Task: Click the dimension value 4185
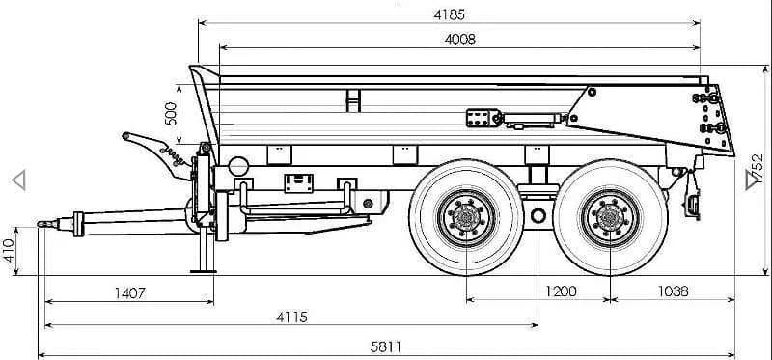[449, 14]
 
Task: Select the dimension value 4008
[460, 40]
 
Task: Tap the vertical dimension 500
[171, 114]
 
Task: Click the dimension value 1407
[130, 293]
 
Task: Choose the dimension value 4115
[291, 318]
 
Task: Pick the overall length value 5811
[385, 347]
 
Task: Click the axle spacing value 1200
[561, 291]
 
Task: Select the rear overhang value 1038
[673, 291]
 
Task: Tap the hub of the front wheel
[466, 217]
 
